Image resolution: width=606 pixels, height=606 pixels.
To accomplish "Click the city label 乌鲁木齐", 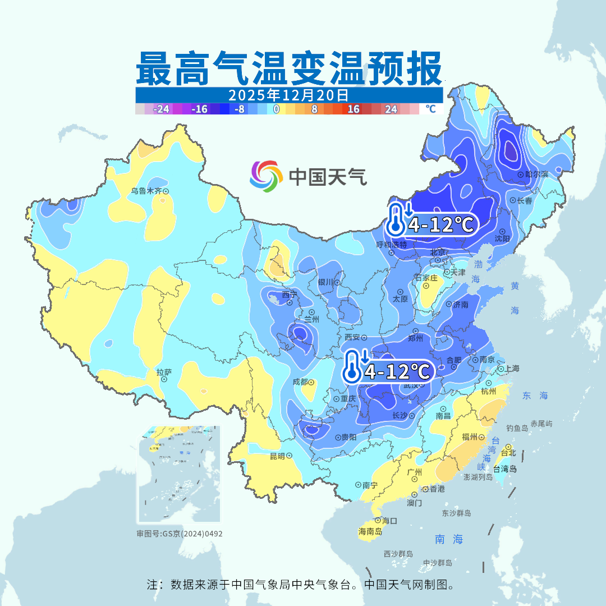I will pyautogui.click(x=146, y=191).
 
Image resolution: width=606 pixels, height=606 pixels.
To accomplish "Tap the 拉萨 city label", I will pyautogui.click(x=164, y=372).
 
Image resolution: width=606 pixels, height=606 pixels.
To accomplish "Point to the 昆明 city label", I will pyautogui.click(x=277, y=456).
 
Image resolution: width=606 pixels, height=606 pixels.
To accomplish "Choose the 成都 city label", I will pyautogui.click(x=300, y=382).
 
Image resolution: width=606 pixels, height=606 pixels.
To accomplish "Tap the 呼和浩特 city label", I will pyautogui.click(x=391, y=245).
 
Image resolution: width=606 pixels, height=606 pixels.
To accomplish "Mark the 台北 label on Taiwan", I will pyautogui.click(x=508, y=453).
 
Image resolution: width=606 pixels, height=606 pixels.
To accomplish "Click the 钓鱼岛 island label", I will pyautogui.click(x=517, y=428).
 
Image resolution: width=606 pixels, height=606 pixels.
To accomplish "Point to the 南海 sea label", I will pyautogui.click(x=449, y=540).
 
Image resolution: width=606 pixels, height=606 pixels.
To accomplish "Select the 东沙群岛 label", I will pyautogui.click(x=456, y=513).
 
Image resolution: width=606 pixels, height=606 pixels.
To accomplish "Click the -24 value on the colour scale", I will pyautogui.click(x=162, y=109).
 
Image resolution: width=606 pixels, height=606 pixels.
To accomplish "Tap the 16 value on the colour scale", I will pyautogui.click(x=353, y=109).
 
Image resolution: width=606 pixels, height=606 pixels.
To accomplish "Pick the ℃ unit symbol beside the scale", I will pyautogui.click(x=430, y=109).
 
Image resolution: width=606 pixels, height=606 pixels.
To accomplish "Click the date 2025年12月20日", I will pyautogui.click(x=288, y=95).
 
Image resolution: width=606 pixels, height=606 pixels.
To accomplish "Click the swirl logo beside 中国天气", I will pyautogui.click(x=266, y=176).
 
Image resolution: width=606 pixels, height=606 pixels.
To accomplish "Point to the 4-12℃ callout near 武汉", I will pyautogui.click(x=398, y=371).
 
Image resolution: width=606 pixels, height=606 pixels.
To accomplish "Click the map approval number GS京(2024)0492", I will pyautogui.click(x=180, y=534).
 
